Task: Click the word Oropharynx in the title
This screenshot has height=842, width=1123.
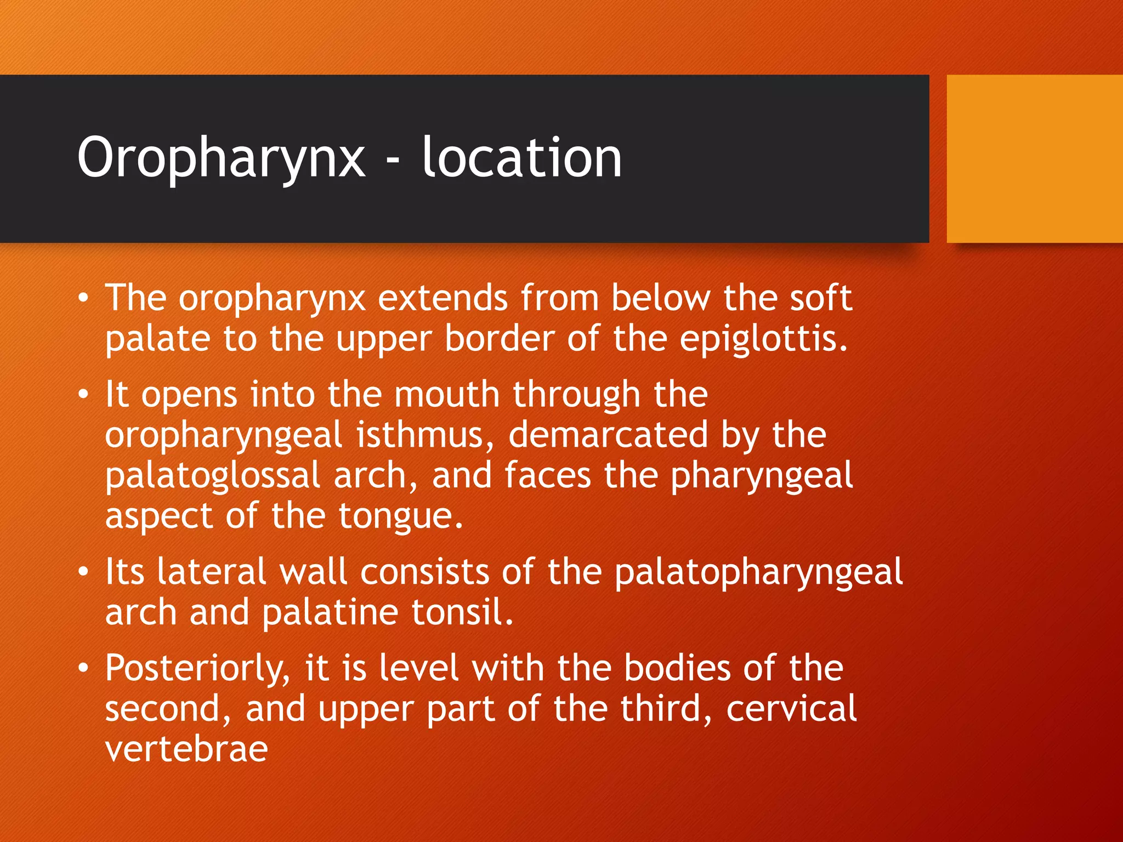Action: [221, 159]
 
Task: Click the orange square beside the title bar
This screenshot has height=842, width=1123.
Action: [1034, 158]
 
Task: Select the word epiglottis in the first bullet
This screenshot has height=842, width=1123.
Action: [763, 340]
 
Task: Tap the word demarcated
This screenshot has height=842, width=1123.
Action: [608, 435]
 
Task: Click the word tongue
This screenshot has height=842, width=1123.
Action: [400, 517]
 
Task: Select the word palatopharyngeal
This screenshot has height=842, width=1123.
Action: [758, 573]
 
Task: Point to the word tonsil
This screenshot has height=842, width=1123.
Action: [462, 612]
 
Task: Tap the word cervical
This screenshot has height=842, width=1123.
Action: [791, 709]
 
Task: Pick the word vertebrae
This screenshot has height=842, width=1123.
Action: [186, 749]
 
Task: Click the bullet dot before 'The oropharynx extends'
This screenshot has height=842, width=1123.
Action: [83, 298]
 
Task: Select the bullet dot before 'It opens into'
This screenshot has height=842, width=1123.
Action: [83, 395]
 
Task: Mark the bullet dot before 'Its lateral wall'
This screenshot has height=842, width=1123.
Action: [83, 572]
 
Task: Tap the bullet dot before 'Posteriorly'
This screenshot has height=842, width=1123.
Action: [83, 668]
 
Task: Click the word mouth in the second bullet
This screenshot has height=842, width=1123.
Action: [447, 395]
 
